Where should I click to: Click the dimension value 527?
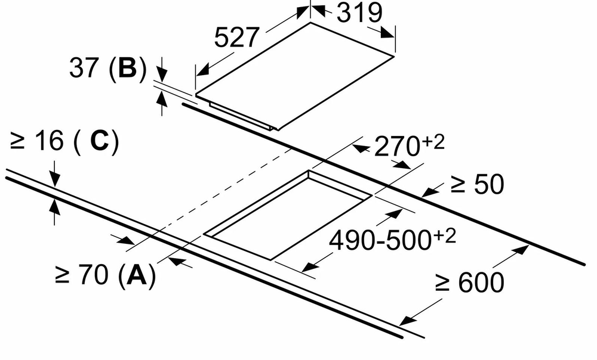[x=236, y=38]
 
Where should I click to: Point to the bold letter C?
[x=100, y=140]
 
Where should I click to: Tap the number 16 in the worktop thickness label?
[x=50, y=140]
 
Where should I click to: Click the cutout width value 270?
[x=397, y=147]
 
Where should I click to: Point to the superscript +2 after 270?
[x=433, y=142]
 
